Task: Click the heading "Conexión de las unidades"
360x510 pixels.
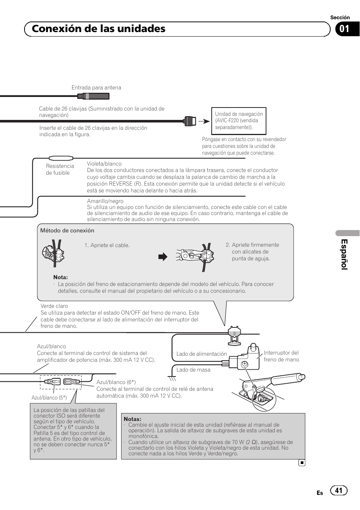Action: point(98,29)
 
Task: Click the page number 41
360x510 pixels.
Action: point(338,490)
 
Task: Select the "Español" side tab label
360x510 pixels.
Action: point(344,254)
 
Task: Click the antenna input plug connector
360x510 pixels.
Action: point(94,96)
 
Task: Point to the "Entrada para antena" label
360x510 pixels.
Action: point(96,88)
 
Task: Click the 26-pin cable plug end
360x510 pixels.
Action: point(190,121)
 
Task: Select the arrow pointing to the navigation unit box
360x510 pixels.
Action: point(204,121)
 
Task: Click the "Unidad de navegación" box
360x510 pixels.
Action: point(238,121)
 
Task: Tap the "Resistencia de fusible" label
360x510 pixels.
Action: point(60,169)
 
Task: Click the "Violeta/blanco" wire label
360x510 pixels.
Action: point(104,164)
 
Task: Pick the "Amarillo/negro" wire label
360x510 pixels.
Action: point(105,201)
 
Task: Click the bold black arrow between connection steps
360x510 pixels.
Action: point(163,257)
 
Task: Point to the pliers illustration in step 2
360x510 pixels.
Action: point(195,256)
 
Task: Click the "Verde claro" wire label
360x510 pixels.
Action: point(54,306)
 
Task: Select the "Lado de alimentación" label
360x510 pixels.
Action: point(202,354)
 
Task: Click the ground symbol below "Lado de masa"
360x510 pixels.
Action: point(172,378)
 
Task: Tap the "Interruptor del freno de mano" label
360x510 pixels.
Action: point(281,356)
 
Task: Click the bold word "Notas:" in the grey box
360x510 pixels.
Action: point(132,419)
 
